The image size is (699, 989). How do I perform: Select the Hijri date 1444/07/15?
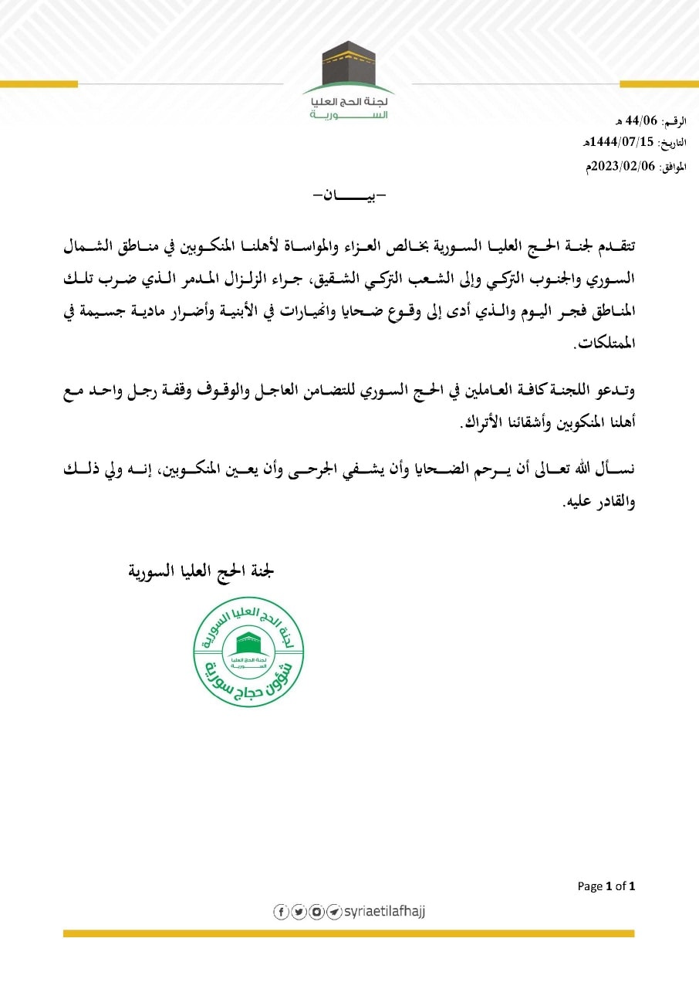pos(616,144)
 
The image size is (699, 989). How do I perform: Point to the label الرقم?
pos(675,122)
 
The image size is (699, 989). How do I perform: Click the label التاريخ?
pos(672,144)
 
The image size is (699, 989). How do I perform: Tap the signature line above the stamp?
pos(201,572)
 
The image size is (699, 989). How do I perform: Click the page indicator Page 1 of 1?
pos(606,886)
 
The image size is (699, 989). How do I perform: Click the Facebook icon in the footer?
pos(281,912)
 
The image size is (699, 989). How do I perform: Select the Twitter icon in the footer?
pos(299,912)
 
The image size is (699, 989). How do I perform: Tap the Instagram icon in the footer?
pos(316,912)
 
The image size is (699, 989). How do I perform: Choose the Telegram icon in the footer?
pos(334,912)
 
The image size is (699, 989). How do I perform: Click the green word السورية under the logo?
pos(349,113)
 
